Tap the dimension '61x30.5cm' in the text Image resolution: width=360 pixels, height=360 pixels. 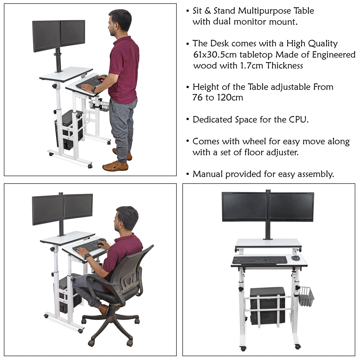(x=215, y=55)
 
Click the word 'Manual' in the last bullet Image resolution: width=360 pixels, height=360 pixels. (x=208, y=174)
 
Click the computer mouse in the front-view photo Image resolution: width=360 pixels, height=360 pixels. (x=295, y=258)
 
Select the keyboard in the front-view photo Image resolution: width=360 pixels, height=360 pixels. (x=260, y=260)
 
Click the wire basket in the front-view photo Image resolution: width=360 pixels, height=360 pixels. (x=307, y=296)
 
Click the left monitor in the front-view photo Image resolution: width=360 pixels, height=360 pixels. (x=244, y=207)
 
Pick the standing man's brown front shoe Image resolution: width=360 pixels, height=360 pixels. (x=115, y=166)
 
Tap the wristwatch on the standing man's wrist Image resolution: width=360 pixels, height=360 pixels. (x=94, y=90)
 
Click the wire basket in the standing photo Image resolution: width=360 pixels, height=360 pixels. (x=99, y=105)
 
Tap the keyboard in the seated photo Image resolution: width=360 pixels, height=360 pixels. (x=88, y=246)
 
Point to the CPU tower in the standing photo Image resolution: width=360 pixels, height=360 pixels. (x=68, y=129)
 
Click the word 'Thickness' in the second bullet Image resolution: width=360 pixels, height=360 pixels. (x=284, y=66)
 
